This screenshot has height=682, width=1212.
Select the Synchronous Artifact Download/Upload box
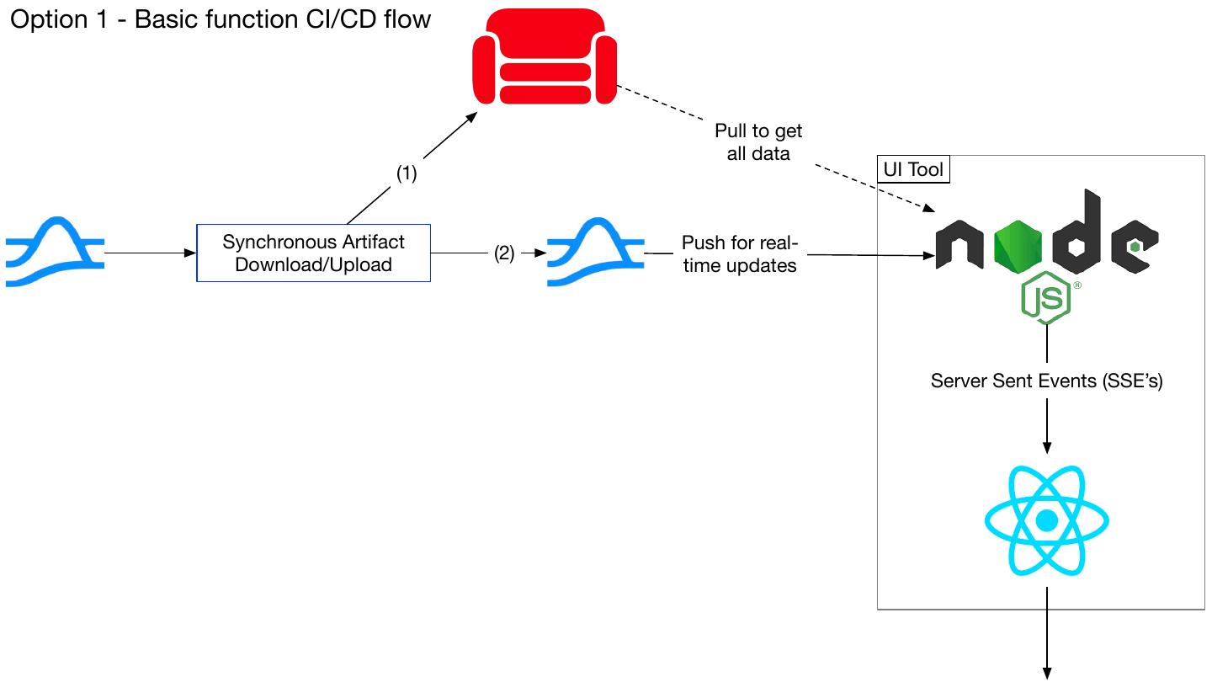coord(313,253)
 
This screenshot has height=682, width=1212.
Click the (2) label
coord(503,253)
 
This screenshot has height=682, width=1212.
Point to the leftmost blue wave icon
coord(55,252)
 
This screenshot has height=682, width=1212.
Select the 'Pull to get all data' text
coord(758,142)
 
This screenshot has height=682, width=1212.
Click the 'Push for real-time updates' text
coord(739,253)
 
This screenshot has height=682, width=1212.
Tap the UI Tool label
coord(914,169)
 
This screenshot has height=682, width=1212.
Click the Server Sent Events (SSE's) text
coord(1046,381)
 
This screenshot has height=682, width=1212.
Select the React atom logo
coord(1046,520)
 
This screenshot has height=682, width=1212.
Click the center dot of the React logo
coord(1046,521)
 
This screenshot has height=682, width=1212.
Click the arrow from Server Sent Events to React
coord(1047,426)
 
